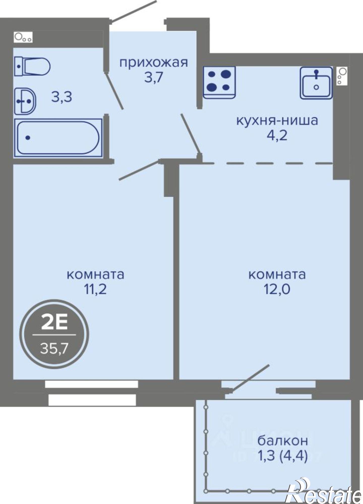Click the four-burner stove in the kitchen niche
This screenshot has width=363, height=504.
pyautogui.click(x=219, y=82)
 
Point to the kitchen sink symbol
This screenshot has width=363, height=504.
pyautogui.click(x=316, y=83)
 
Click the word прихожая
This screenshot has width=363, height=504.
pyautogui.click(x=154, y=62)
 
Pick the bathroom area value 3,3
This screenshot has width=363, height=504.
pyautogui.click(x=62, y=97)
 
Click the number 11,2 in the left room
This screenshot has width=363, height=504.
pyautogui.click(x=95, y=290)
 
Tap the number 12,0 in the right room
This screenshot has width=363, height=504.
pyautogui.click(x=277, y=290)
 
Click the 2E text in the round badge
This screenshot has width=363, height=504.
pyautogui.click(x=54, y=324)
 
